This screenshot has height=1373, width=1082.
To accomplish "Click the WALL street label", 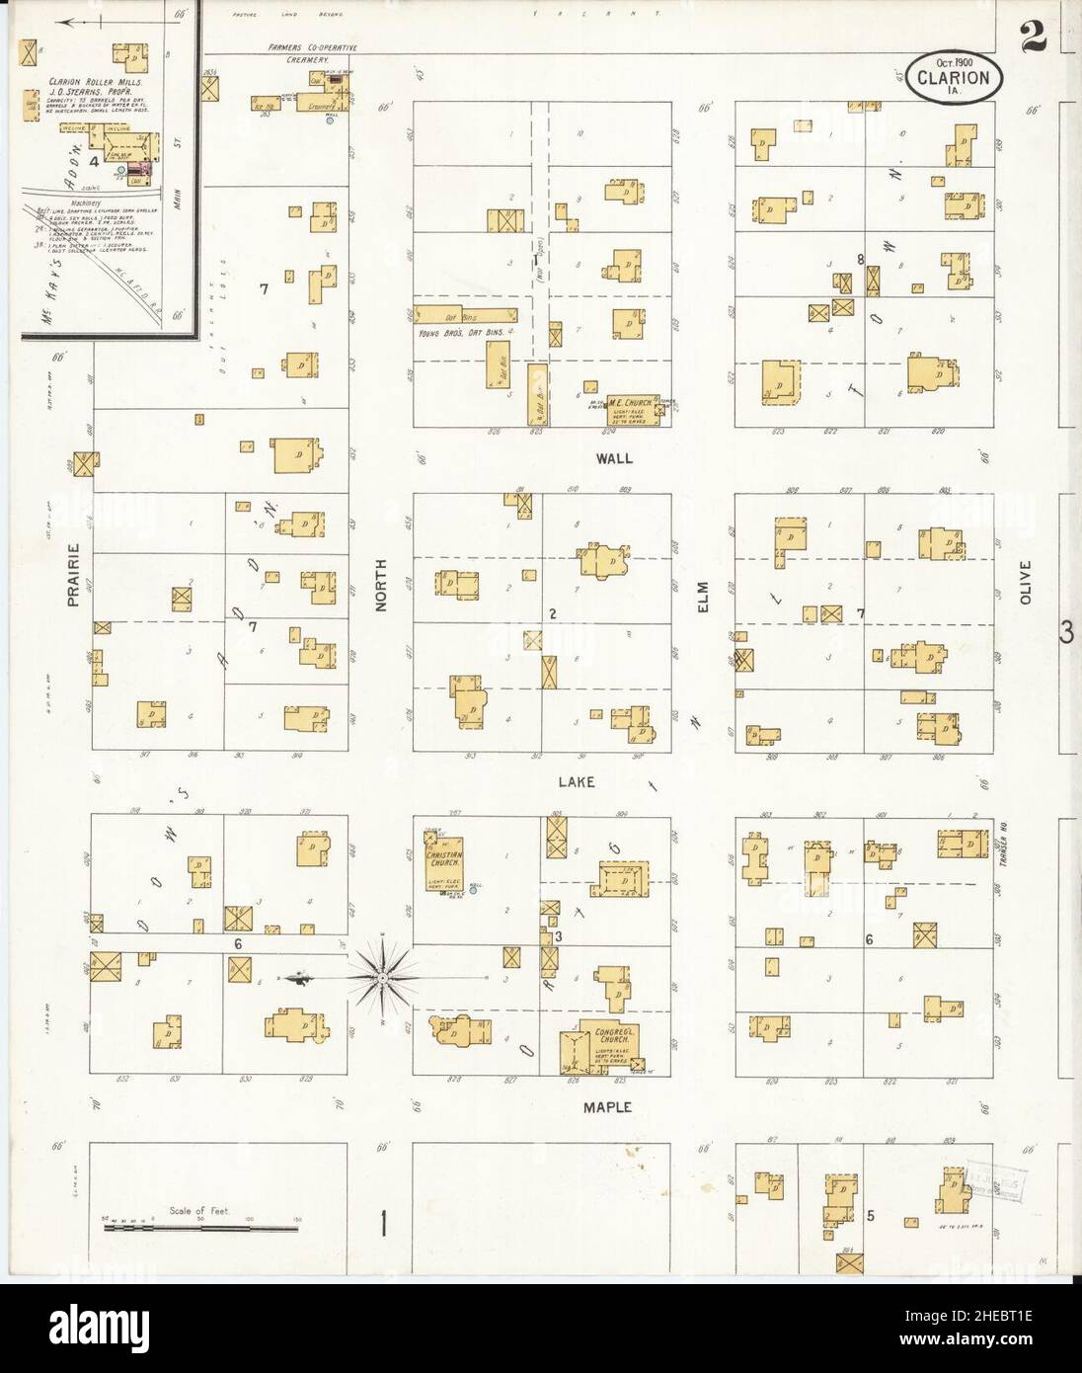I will (613, 459).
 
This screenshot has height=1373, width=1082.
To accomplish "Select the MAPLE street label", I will (612, 1107).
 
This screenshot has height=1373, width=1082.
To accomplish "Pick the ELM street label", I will (704, 596).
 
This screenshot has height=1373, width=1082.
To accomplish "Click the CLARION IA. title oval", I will (955, 76).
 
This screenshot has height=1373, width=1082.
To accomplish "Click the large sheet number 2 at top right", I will (1034, 38).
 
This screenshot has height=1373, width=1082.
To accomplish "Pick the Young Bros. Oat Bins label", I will (464, 333).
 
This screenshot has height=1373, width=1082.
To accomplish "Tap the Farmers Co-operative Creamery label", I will (312, 53).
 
